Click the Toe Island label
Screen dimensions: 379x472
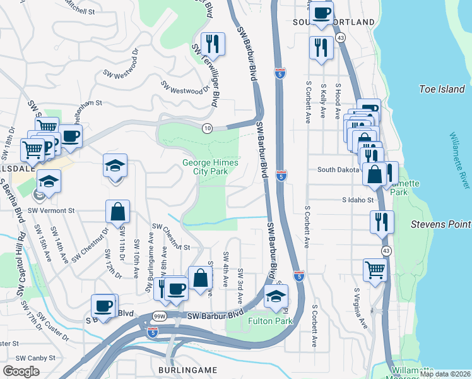tap(442, 89)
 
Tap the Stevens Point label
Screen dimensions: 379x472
tap(440, 224)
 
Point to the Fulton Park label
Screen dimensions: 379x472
tap(270, 321)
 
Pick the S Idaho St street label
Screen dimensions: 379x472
tap(357, 200)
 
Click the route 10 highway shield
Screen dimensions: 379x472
tap(207, 128)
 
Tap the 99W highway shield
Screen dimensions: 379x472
tap(158, 316)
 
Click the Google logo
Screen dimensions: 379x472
tap(21, 371)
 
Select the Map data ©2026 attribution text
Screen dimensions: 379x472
tap(444, 374)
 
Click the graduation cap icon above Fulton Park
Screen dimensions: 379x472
tap(276, 296)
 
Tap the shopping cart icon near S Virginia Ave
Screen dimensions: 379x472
tap(375, 270)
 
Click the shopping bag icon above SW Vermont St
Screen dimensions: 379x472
tap(118, 211)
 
